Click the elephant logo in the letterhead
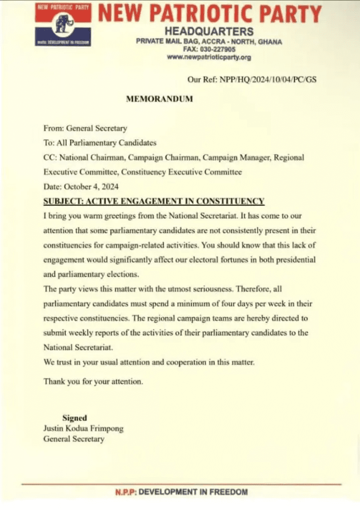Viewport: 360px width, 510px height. [63, 24]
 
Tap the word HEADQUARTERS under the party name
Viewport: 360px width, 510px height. [209, 32]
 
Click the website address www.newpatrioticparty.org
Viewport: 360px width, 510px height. [209, 57]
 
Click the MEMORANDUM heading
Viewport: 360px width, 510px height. [159, 99]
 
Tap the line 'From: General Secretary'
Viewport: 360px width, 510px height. [85, 128]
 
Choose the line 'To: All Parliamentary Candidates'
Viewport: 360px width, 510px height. [100, 143]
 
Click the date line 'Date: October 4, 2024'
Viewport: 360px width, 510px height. [81, 187]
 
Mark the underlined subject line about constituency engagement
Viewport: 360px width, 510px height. [154, 202]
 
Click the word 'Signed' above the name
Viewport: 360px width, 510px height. [75, 418]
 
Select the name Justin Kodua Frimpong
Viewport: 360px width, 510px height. [83, 428]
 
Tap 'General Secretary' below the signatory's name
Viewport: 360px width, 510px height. [74, 439]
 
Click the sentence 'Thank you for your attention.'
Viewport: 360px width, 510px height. [93, 382]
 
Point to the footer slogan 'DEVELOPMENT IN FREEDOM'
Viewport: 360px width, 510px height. [193, 492]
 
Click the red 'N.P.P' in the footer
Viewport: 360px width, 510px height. [125, 492]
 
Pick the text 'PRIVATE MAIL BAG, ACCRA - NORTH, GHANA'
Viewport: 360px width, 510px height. [209, 41]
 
